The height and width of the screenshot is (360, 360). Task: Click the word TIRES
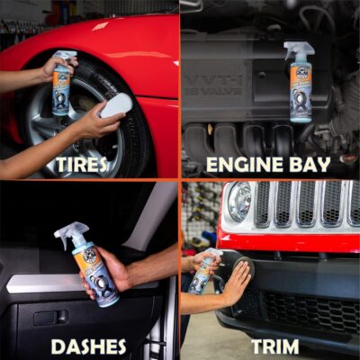[81, 165]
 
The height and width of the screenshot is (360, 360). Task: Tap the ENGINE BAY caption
[267, 165]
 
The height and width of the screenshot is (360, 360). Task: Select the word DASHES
[88, 346]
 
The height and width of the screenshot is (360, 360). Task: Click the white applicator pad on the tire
[115, 106]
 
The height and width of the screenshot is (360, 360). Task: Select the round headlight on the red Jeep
[238, 202]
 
